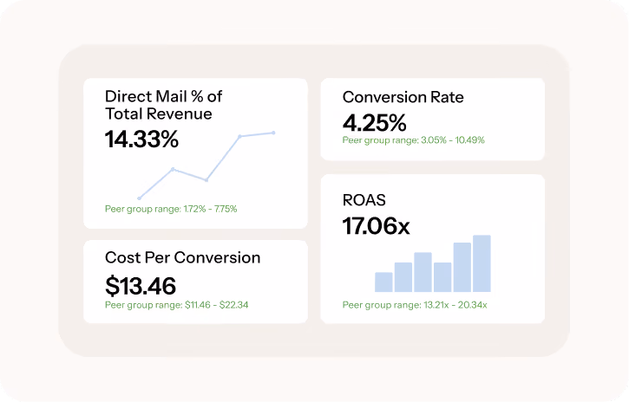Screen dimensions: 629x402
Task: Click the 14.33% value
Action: [141, 139]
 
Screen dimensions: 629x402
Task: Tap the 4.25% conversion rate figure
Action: [374, 122]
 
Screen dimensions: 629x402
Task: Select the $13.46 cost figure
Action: [141, 286]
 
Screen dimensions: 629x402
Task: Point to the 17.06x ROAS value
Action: [376, 226]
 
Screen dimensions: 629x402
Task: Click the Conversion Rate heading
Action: [403, 97]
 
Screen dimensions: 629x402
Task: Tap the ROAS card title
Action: [364, 200]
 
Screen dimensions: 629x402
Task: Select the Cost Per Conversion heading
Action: [182, 257]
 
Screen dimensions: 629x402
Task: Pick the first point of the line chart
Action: [139, 198]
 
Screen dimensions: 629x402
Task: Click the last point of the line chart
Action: [273, 133]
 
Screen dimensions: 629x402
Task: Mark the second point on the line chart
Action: [173, 169]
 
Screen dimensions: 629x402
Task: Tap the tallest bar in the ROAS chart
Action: [482, 263]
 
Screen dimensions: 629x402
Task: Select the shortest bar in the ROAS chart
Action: [383, 282]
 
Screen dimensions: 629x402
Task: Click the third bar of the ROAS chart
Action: [423, 272]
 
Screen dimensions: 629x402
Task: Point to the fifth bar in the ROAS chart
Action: [462, 267]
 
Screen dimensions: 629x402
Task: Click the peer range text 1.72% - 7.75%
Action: [210, 209]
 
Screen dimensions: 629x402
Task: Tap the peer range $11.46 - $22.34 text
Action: [217, 305]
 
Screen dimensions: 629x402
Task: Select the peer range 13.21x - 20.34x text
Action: [455, 305]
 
